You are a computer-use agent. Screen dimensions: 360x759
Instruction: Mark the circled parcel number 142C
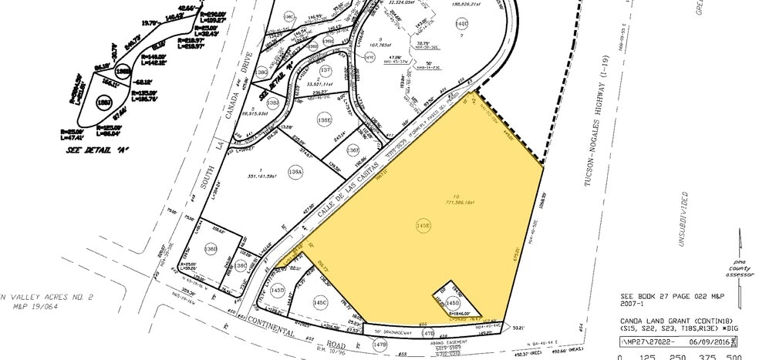(x=462, y=24)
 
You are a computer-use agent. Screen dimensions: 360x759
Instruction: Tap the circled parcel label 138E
(x=325, y=120)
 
